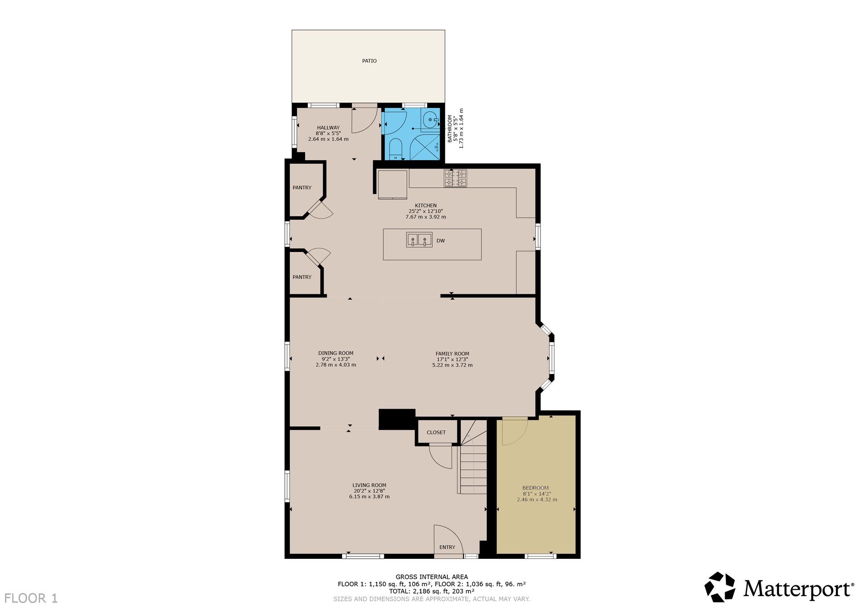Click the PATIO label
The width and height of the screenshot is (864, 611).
click(x=369, y=61)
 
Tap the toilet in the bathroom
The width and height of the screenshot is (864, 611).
click(x=395, y=149)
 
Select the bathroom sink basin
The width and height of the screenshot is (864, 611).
click(x=431, y=120)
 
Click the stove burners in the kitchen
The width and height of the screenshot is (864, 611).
click(x=455, y=178)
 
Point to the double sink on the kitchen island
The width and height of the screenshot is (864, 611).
click(x=419, y=239)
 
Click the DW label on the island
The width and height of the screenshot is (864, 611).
click(x=441, y=241)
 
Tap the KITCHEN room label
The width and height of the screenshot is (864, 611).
click(x=426, y=206)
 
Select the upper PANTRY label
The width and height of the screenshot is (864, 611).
click(x=302, y=188)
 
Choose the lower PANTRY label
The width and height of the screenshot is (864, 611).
click(x=302, y=277)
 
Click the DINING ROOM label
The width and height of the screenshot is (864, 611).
click(x=336, y=353)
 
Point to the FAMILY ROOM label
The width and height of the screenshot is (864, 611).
click(x=452, y=354)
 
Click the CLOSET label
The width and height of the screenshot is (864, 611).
click(x=436, y=432)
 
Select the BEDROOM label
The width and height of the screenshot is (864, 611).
click(x=535, y=488)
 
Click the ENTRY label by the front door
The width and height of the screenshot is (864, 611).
click(x=447, y=547)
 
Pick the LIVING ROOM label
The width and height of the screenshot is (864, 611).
click(x=369, y=485)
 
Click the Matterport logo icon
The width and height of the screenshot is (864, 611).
click(x=720, y=587)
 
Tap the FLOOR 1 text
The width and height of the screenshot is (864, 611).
click(x=31, y=598)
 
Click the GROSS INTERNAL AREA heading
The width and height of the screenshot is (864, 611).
click(x=432, y=577)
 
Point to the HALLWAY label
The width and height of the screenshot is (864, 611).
click(x=328, y=128)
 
